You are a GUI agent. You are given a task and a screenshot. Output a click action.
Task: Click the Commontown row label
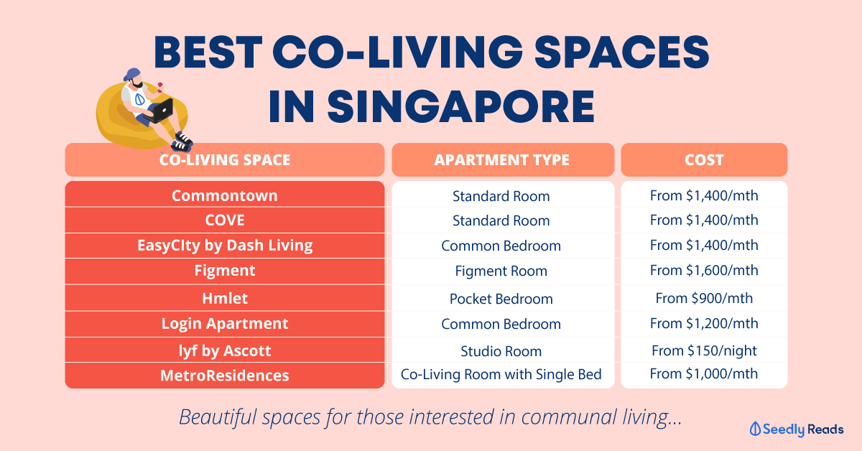225,196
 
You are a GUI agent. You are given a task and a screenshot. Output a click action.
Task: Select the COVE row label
225,220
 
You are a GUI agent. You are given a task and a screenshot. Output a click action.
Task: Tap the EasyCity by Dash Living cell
225,246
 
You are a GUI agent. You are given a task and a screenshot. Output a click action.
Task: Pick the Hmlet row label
225,298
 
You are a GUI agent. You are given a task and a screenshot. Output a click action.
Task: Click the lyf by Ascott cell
225,351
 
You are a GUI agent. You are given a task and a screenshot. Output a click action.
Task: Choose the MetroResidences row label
225,376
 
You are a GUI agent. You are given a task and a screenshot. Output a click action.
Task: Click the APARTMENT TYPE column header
502,160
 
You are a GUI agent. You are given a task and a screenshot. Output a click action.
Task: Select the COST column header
704,160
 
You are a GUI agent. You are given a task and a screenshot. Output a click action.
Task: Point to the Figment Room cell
501,271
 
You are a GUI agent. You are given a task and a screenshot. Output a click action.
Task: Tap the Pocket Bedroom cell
501,299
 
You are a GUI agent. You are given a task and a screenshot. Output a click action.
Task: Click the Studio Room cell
501,351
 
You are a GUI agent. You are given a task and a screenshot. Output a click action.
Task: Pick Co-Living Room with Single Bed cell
501,374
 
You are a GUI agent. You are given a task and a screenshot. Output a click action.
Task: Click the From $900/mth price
704,298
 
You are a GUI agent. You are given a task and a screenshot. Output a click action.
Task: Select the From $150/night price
704,350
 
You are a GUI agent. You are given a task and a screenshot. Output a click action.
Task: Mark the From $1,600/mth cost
704,271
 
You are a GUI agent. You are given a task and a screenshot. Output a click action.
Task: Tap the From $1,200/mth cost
704,324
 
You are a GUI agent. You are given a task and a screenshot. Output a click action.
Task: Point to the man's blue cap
132,75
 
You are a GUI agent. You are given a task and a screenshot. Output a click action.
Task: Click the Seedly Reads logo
797,429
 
